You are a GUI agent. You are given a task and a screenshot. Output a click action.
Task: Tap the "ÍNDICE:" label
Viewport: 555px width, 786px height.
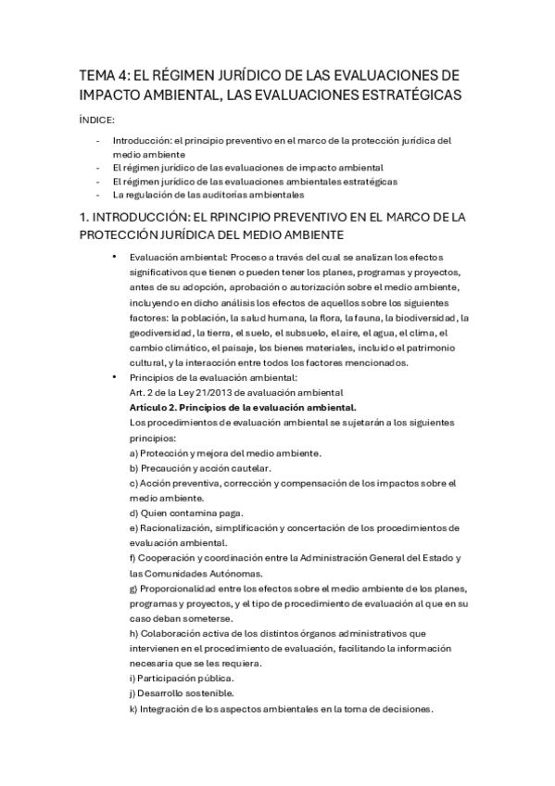[x=98, y=120]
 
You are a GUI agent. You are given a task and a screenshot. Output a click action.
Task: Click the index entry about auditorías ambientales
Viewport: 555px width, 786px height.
[x=208, y=196]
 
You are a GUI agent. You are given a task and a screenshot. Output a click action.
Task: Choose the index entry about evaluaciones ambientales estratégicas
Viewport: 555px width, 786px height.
[x=255, y=182]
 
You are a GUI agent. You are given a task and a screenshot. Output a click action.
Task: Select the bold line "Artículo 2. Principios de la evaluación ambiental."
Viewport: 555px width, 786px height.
[x=244, y=407]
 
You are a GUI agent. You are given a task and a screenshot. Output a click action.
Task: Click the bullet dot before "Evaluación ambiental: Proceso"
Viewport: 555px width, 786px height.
[x=114, y=256]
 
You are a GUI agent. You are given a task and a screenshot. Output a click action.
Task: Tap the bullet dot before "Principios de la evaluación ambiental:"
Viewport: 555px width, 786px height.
[x=114, y=377]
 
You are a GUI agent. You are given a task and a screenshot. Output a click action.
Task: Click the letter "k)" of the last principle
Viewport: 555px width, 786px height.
[x=134, y=709]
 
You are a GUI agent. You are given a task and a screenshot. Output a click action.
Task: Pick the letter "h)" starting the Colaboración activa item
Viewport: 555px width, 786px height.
[x=134, y=634]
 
